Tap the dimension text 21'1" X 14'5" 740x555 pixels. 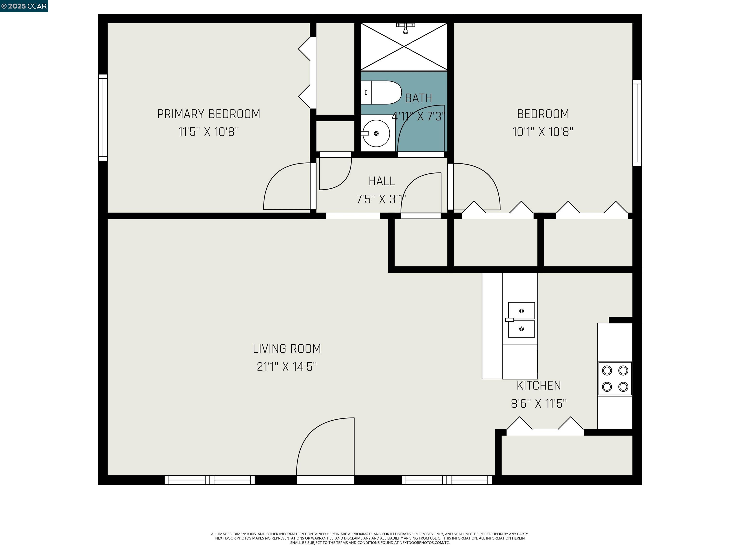[287, 367]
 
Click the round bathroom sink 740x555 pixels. [376, 133]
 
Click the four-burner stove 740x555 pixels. [615, 379]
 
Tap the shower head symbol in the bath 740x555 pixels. [405, 28]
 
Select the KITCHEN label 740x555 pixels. [539, 386]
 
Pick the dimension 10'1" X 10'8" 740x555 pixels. [543, 132]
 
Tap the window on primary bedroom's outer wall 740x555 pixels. [103, 117]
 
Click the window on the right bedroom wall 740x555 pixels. [637, 123]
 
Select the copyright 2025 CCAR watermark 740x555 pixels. [24, 6]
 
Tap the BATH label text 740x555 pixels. [418, 98]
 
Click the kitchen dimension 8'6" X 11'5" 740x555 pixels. [539, 404]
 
